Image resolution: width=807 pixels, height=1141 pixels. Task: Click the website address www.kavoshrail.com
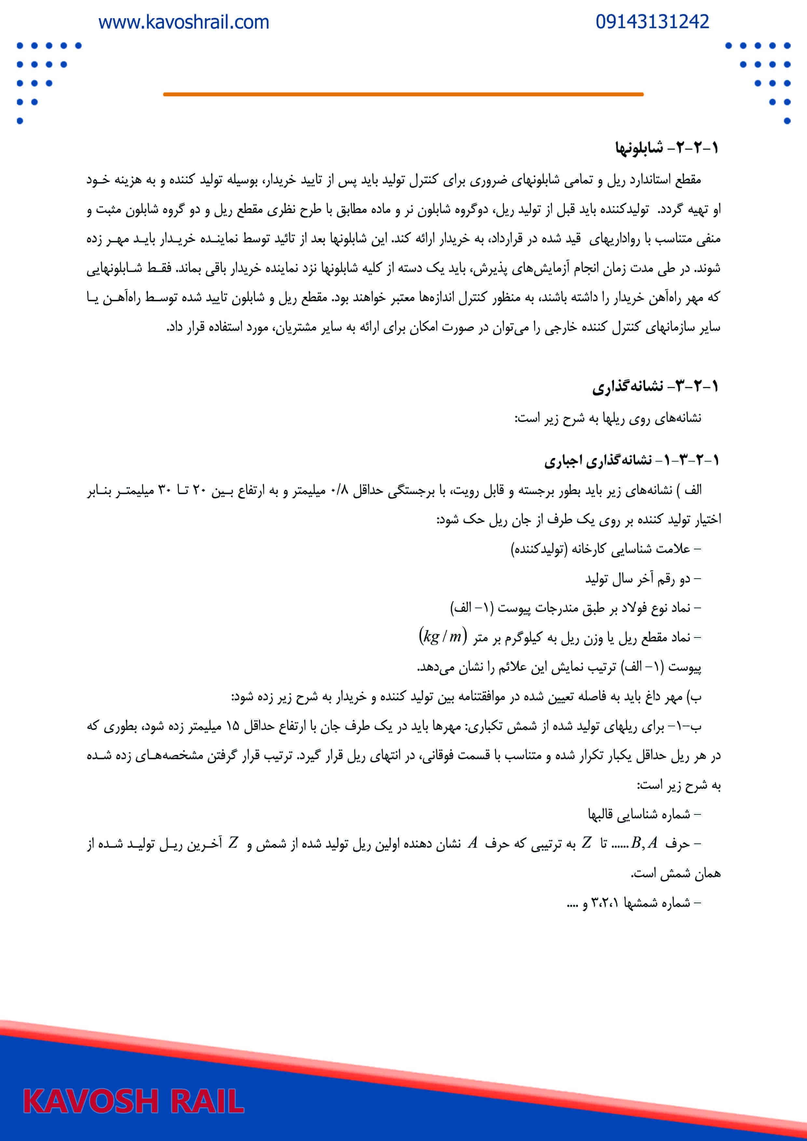(x=184, y=22)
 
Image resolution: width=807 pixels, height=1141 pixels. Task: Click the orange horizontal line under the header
(x=403, y=94)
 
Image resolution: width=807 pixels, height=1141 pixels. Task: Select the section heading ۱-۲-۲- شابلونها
(x=666, y=148)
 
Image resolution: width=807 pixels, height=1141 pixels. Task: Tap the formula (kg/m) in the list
(x=443, y=636)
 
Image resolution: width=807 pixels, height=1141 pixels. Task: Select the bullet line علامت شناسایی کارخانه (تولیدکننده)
(x=606, y=549)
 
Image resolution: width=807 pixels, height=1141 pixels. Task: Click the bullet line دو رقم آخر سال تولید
(x=642, y=578)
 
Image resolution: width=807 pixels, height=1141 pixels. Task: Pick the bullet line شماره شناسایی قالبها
(x=644, y=814)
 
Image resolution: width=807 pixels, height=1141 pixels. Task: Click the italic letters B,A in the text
(x=644, y=843)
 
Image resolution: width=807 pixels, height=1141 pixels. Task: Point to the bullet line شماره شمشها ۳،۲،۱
(x=634, y=903)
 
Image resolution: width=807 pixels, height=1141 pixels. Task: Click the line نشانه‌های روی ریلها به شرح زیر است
(x=608, y=418)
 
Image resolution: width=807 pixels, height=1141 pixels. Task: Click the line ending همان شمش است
(x=675, y=873)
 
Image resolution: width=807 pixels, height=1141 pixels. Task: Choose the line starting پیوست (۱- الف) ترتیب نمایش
(x=559, y=666)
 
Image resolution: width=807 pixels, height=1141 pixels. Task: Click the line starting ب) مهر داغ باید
(x=466, y=697)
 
